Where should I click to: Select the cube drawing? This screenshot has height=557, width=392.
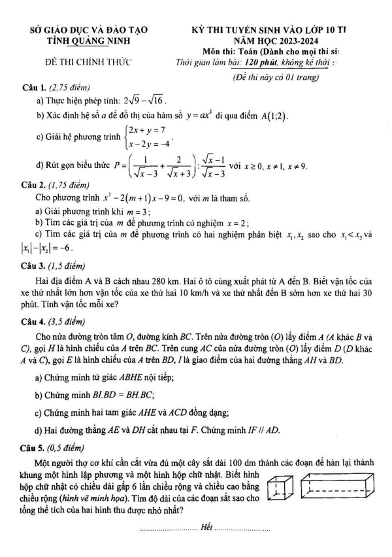(x=282, y=491)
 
